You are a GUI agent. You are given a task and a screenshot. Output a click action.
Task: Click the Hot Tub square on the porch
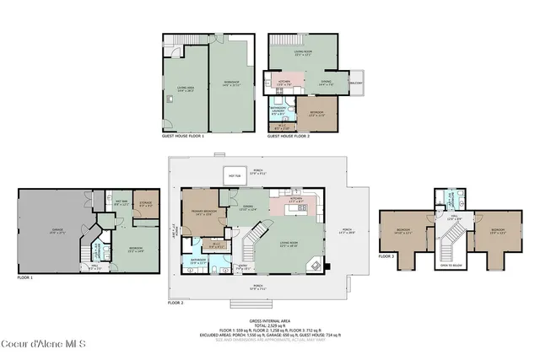tap(233, 175)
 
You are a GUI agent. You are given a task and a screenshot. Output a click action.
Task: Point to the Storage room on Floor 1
tap(146, 204)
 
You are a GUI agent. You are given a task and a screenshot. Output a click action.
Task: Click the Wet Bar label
tap(121, 203)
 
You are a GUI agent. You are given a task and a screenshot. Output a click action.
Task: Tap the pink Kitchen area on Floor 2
tap(294, 202)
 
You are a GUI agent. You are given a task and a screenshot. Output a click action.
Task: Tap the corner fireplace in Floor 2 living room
tap(316, 265)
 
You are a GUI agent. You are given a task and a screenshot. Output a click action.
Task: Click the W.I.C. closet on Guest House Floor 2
tap(279, 126)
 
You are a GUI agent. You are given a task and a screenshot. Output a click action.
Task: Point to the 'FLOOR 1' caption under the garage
tap(25, 277)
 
